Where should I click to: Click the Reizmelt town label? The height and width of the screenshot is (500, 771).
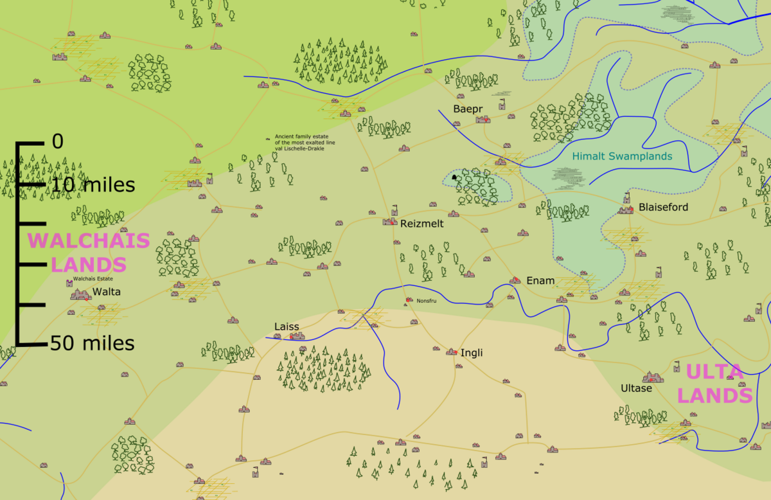[421, 224]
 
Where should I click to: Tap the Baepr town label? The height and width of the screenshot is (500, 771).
[467, 109]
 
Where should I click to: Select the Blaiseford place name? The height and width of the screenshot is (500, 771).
[663, 207]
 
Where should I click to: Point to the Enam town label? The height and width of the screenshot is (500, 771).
[540, 281]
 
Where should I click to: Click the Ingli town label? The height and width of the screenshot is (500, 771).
[472, 353]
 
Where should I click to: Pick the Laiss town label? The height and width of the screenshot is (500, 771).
[287, 326]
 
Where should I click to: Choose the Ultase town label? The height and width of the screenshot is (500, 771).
[636, 388]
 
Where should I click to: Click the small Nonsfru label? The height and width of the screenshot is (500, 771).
[427, 300]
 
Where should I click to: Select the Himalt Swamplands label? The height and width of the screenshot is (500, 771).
[622, 156]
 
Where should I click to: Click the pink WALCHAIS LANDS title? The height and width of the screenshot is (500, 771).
[89, 253]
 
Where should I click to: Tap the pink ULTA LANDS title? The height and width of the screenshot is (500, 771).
[714, 384]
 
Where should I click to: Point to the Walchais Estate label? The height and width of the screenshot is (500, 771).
[93, 280]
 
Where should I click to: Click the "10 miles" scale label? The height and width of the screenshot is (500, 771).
[94, 186]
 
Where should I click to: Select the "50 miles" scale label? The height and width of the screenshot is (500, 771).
[93, 344]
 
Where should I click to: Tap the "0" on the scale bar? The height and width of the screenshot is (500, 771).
[58, 141]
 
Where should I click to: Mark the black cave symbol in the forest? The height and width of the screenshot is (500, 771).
[454, 177]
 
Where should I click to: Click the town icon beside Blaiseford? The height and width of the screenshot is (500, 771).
[626, 209]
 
